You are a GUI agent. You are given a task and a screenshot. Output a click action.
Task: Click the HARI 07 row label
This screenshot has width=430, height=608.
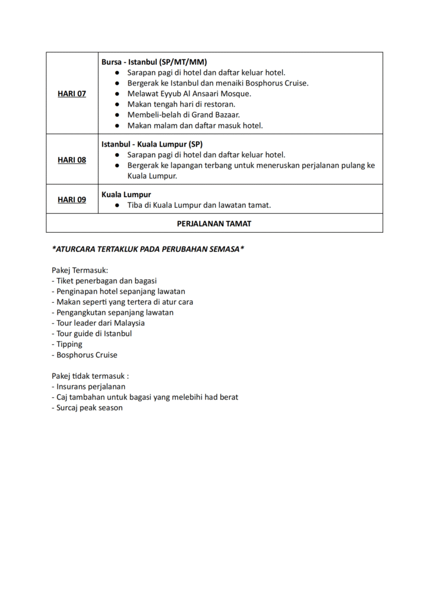(x=72, y=94)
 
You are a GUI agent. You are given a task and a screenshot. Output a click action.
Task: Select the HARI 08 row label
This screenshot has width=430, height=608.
(x=72, y=160)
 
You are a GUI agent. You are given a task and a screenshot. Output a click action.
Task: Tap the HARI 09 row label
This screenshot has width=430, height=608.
(x=72, y=199)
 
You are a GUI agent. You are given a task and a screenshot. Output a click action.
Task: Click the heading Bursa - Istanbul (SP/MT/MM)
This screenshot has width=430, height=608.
(x=154, y=62)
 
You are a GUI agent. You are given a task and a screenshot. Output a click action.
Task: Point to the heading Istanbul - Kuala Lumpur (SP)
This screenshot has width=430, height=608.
(x=152, y=144)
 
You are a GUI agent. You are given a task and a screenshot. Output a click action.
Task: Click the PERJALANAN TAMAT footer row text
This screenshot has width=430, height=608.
(x=214, y=223)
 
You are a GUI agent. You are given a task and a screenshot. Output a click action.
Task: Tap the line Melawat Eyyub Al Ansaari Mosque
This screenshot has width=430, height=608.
(x=189, y=94)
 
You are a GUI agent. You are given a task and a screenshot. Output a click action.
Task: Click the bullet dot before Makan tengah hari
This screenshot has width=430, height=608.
(x=118, y=104)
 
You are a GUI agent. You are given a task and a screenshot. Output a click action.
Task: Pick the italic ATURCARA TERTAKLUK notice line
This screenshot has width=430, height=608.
(x=148, y=249)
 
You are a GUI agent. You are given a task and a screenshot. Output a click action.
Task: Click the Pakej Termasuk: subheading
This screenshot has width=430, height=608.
(x=80, y=270)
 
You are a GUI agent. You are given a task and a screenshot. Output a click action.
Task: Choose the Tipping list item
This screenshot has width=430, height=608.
(x=67, y=344)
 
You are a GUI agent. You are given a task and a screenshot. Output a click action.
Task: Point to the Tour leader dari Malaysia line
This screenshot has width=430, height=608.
(x=98, y=323)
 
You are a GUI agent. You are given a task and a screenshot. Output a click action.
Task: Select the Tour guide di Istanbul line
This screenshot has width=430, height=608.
(x=91, y=334)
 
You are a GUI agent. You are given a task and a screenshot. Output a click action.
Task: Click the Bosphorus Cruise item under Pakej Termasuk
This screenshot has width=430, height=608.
(x=84, y=355)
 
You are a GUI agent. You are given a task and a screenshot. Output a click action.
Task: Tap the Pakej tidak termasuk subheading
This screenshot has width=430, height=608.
(x=90, y=376)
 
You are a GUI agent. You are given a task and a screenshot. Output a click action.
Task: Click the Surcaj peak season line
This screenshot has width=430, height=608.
(x=87, y=408)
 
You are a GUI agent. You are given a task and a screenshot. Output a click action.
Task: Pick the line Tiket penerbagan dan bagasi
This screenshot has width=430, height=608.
(x=104, y=281)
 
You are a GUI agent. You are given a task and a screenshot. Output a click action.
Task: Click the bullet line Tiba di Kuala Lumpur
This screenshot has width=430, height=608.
(x=199, y=205)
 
